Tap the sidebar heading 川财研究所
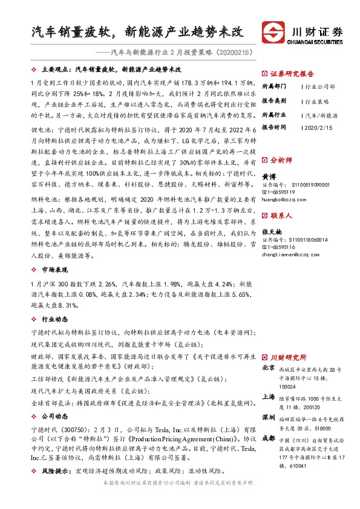pos(287,357)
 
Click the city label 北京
pos(267,368)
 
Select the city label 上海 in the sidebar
pos(267,396)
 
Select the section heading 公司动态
pos(54,417)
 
